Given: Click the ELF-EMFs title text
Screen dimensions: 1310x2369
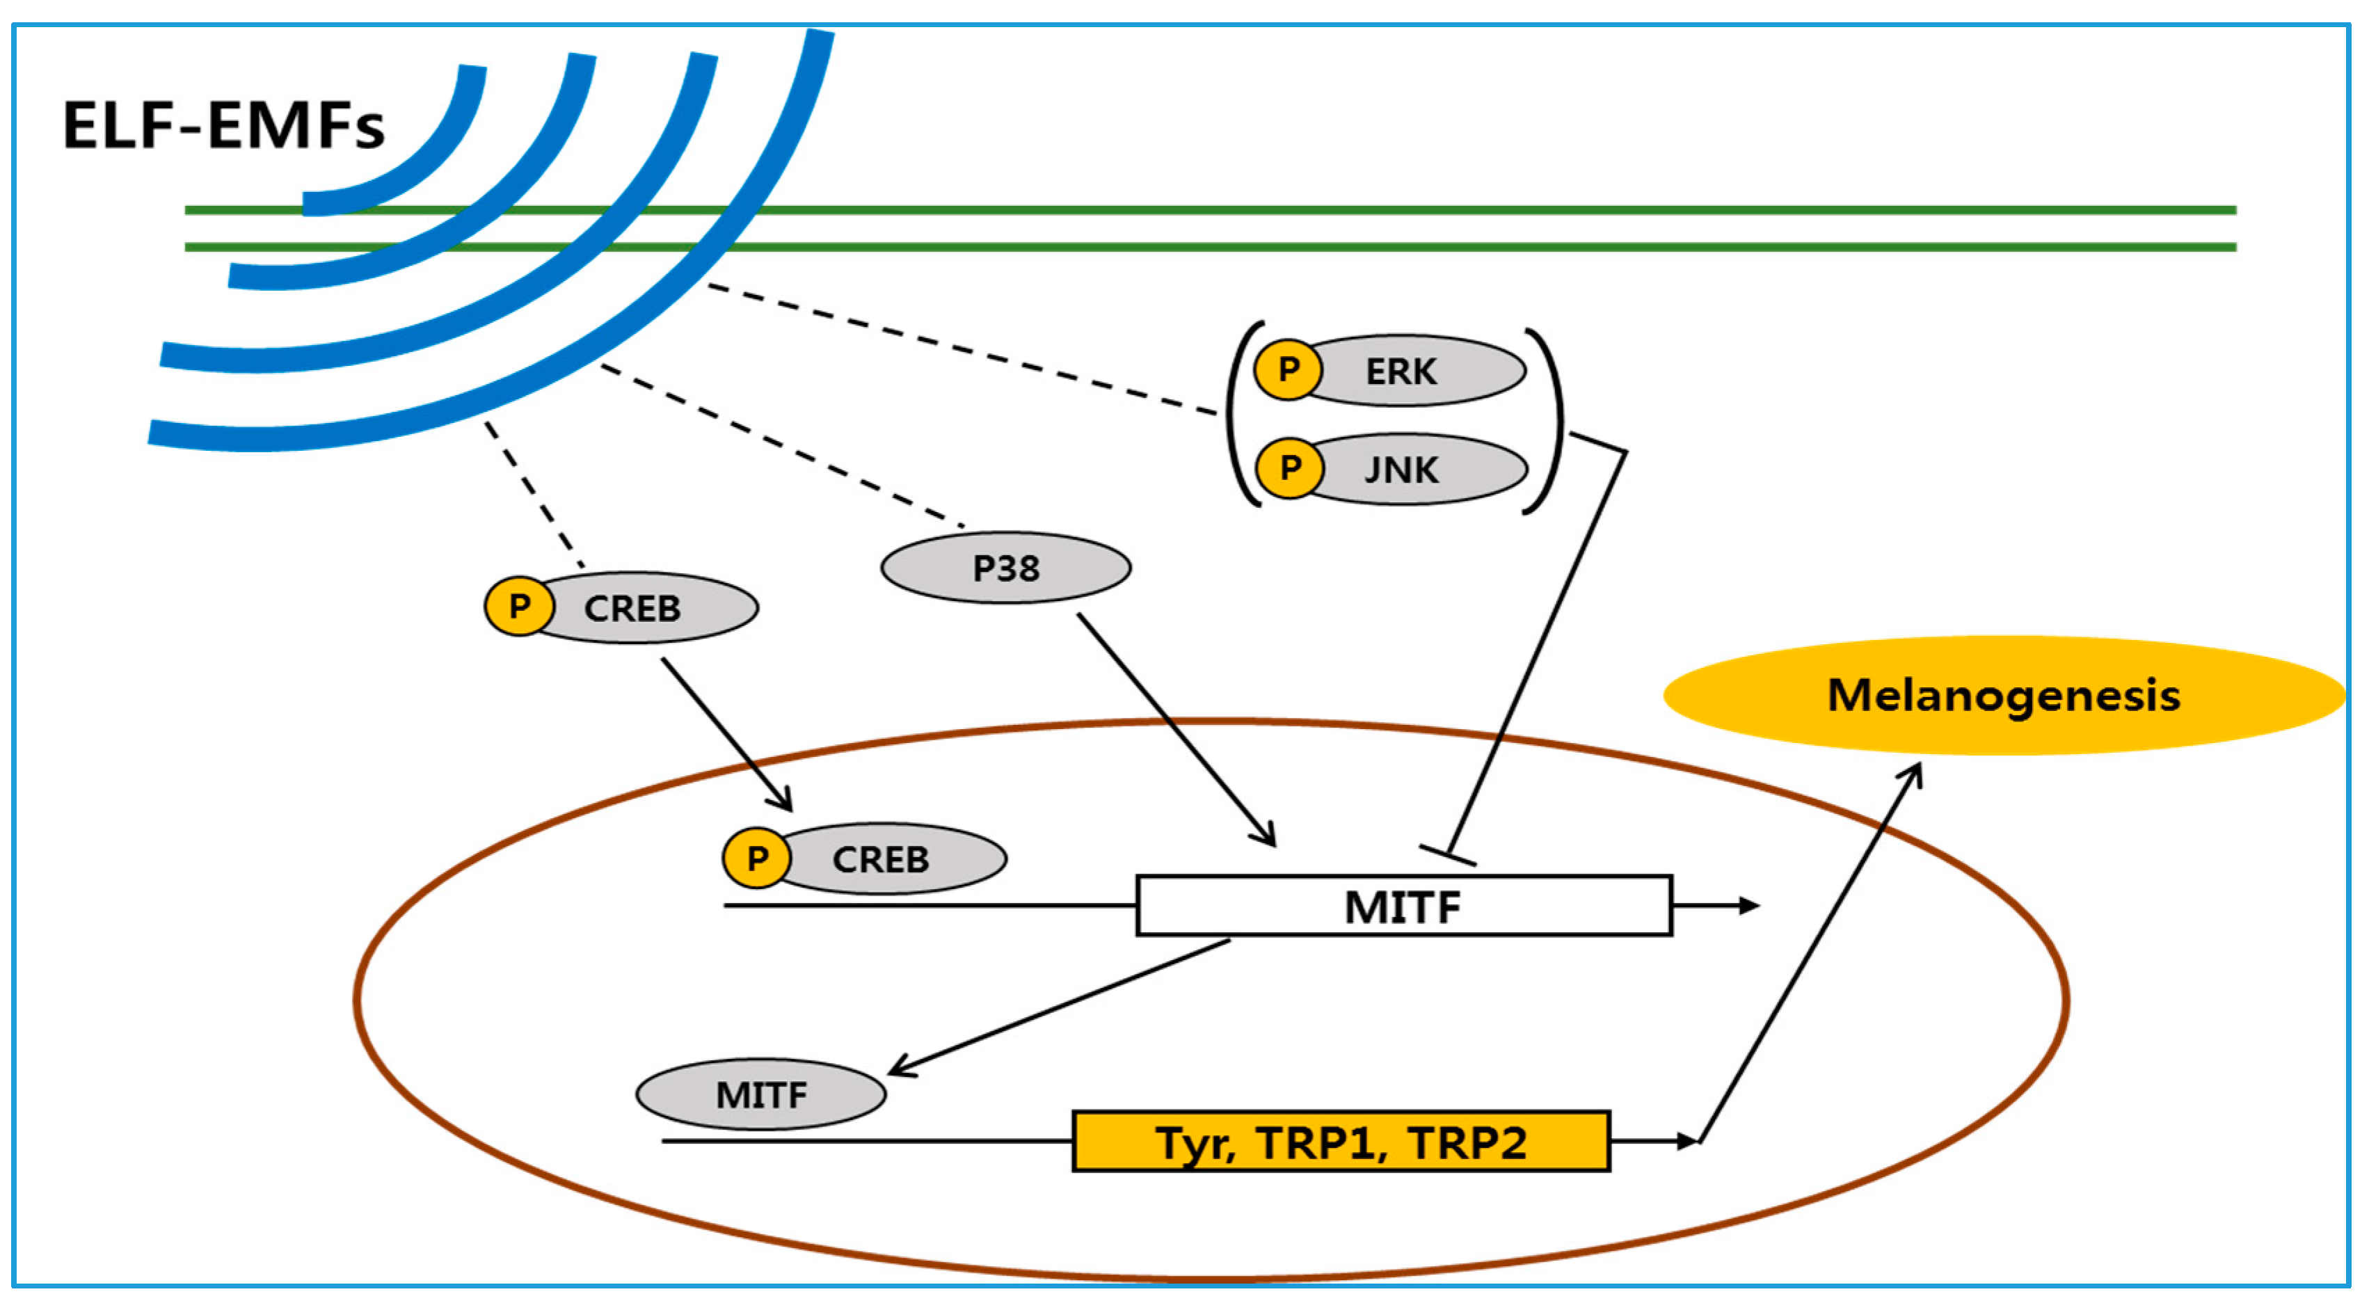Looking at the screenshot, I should click(223, 126).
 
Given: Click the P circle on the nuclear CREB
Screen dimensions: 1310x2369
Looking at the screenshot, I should click(756, 858).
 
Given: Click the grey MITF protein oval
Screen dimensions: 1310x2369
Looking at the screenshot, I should click(760, 1095).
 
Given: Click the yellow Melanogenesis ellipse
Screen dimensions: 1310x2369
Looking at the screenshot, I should click(2003, 696).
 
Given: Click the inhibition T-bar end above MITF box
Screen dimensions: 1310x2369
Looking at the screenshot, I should click(1448, 856).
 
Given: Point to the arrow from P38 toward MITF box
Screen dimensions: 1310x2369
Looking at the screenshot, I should click(1177, 731).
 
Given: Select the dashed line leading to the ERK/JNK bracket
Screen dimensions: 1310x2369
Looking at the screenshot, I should click(961, 349).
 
